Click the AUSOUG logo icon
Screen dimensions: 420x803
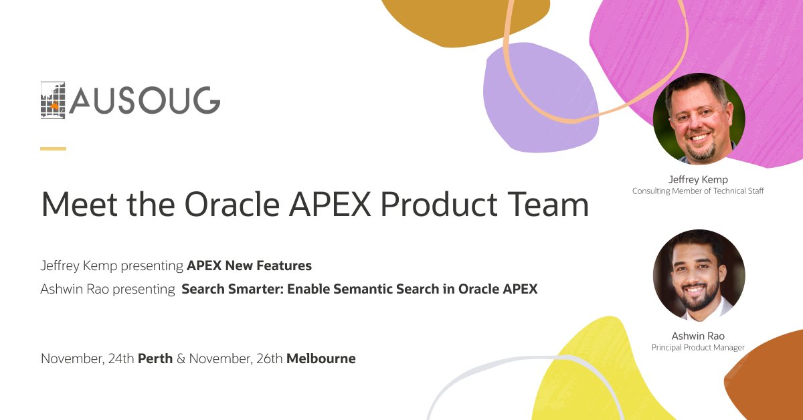54,101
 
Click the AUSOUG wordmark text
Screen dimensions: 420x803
145,101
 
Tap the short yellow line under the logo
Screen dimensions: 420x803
53,148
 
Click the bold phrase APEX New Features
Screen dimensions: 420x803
249,266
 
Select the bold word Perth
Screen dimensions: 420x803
155,358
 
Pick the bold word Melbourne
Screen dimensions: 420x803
321,358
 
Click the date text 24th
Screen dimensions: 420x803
120,358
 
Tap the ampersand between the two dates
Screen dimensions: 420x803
180,358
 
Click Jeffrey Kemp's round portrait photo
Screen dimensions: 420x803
699,118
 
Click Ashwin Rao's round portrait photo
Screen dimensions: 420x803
699,275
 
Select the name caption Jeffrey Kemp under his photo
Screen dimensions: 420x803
698,179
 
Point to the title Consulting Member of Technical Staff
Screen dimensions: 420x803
698,191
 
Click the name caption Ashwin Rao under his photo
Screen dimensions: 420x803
698,336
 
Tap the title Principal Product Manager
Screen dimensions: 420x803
698,348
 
